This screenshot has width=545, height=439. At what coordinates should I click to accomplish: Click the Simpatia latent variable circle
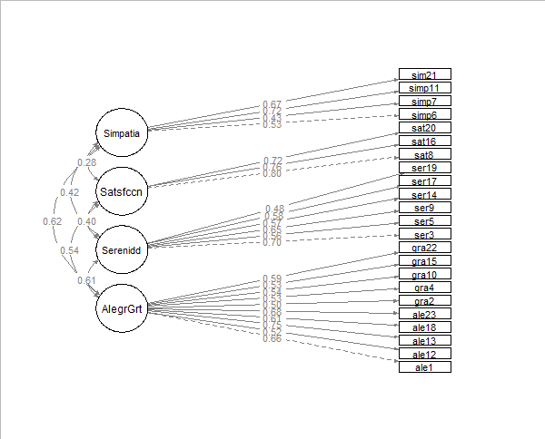[x=122, y=133]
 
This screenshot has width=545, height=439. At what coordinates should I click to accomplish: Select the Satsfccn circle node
[x=122, y=190]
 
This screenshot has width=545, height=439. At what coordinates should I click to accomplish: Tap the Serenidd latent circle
[x=122, y=249]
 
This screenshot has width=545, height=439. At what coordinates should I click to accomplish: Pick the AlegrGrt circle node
[x=122, y=307]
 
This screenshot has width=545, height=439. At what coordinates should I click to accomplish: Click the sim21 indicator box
[x=424, y=74]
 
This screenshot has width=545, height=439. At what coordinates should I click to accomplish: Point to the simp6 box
[x=424, y=115]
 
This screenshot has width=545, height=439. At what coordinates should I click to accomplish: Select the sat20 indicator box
[x=424, y=128]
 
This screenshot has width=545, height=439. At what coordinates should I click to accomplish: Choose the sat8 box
[x=424, y=155]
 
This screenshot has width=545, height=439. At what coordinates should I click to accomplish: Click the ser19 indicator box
[x=424, y=168]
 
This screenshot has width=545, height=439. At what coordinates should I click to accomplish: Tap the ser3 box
[x=424, y=235]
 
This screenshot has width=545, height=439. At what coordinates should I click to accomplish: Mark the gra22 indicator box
[x=424, y=248]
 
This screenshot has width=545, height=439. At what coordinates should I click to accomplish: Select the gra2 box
[x=424, y=301]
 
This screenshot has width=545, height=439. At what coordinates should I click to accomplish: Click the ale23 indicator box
[x=424, y=315]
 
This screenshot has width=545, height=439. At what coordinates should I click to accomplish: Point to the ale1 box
[x=424, y=367]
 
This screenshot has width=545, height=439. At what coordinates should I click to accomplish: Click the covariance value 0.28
[x=87, y=162]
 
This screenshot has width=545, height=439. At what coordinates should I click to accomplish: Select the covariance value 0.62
[x=52, y=221]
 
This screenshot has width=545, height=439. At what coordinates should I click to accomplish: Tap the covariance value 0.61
[x=87, y=280]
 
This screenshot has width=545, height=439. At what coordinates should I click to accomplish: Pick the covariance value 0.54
[x=69, y=250]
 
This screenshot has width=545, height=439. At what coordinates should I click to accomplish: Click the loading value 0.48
[x=274, y=210]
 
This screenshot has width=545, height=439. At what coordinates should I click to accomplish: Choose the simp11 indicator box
[x=424, y=88]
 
